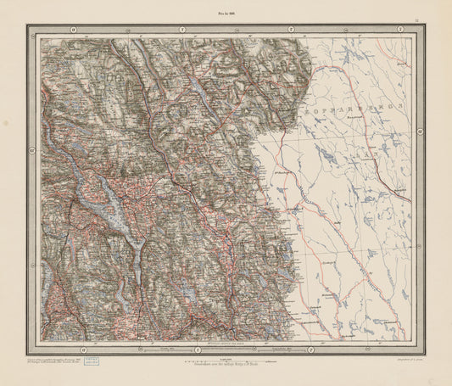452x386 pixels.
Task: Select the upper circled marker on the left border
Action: point(31,149)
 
